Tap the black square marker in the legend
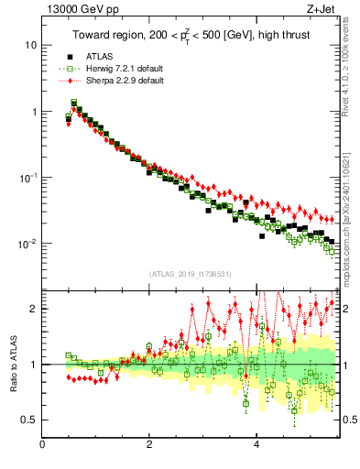pyautogui.click(x=70, y=56)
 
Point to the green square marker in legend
pyautogui.click(x=70, y=68)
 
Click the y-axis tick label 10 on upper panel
pyautogui.click(x=30, y=45)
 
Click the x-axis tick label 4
pyautogui.click(x=256, y=446)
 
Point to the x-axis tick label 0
pyautogui.click(x=43, y=446)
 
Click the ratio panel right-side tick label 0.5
pyautogui.click(x=348, y=420)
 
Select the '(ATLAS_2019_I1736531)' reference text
pyautogui.click(x=191, y=274)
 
